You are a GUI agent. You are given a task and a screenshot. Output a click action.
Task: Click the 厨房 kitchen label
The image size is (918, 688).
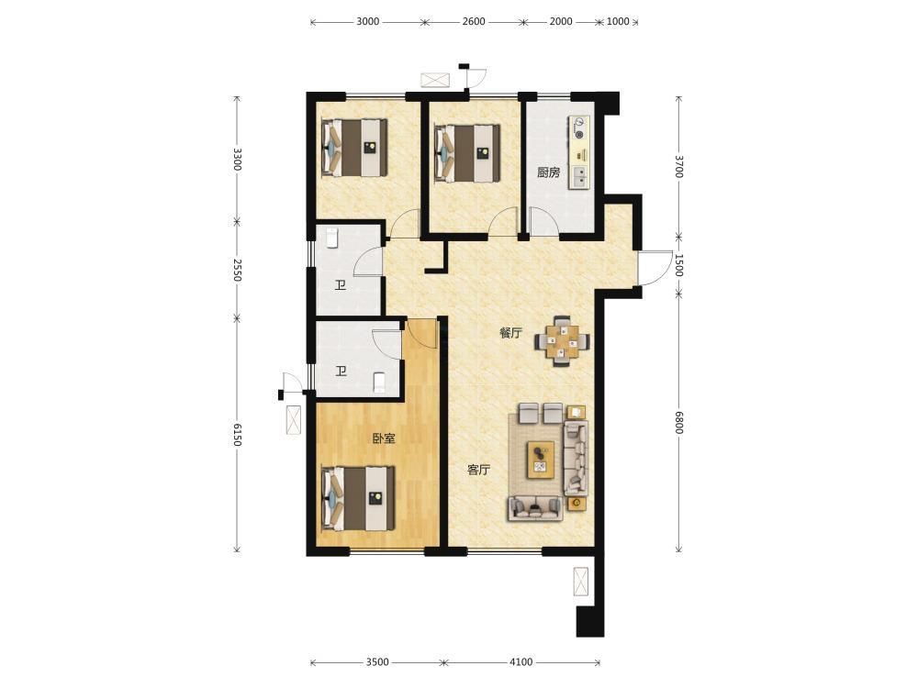point(549,172)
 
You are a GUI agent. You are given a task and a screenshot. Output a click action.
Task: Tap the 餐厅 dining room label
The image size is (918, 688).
point(510,334)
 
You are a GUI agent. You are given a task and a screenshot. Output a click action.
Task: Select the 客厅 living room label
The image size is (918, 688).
point(478,470)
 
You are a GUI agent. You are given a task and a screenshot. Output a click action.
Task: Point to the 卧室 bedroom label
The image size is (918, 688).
point(384,438)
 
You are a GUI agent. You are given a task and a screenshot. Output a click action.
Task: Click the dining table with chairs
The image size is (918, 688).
point(562,341)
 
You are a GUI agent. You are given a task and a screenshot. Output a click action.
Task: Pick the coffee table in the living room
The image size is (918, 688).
point(541,460)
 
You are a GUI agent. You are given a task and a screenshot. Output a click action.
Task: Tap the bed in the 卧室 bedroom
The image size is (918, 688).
point(358,498)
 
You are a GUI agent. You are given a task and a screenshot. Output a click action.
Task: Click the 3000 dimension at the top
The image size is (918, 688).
point(368,22)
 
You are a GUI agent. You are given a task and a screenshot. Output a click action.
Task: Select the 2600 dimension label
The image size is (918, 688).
point(474,22)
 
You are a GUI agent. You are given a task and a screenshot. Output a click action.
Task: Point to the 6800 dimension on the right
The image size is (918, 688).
point(679,422)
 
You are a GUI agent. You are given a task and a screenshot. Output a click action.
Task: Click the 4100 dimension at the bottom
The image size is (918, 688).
point(521,662)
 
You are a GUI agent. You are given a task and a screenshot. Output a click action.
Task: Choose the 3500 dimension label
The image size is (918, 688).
point(377,662)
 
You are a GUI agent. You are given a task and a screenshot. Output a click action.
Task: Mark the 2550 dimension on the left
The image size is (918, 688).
point(237,270)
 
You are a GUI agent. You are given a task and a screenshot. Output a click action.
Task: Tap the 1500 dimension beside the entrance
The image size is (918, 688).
point(679,265)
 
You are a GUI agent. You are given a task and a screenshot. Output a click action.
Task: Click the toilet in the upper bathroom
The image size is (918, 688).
point(332,238)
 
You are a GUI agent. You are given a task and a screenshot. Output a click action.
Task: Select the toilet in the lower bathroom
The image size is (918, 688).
point(379,382)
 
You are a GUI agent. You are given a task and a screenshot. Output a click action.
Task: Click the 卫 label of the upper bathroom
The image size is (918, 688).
point(341,285)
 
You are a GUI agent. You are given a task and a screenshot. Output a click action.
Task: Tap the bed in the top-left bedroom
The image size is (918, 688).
point(354,147)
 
